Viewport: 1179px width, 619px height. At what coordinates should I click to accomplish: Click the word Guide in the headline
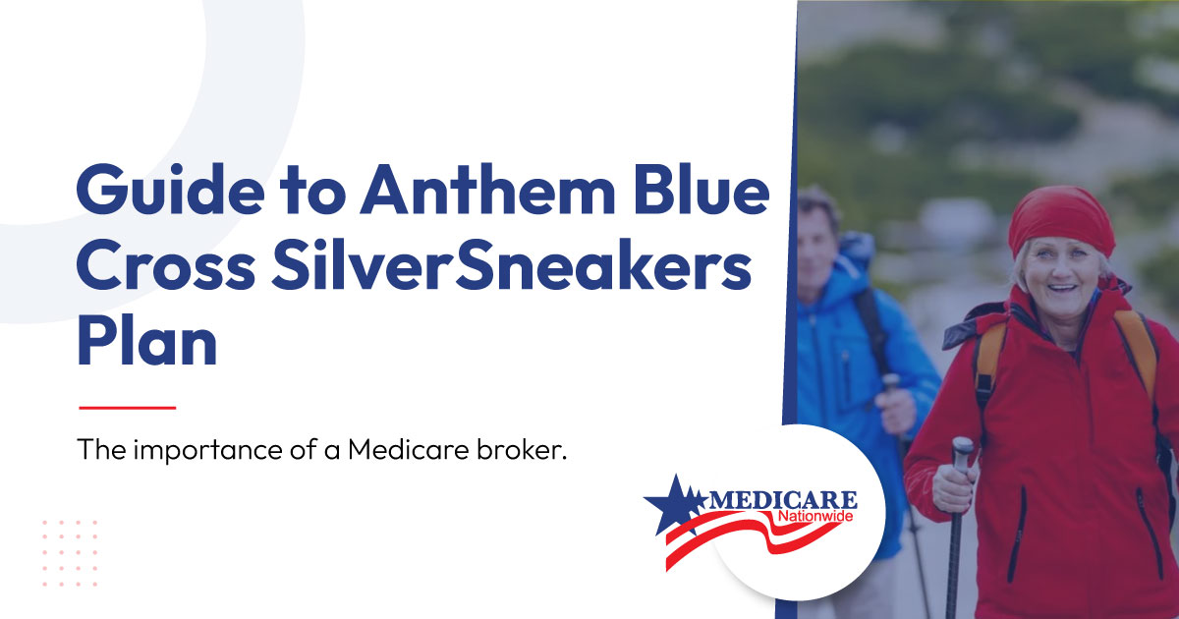click(171, 189)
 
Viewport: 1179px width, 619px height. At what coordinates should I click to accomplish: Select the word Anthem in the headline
click(487, 189)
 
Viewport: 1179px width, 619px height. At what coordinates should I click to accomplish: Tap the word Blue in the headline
click(702, 189)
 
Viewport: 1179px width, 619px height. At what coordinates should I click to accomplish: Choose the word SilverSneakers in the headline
click(512, 264)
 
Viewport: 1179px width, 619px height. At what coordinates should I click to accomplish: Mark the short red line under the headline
click(128, 408)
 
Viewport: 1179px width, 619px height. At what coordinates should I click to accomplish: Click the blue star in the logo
click(675, 504)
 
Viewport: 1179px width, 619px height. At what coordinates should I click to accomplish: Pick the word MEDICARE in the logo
click(783, 500)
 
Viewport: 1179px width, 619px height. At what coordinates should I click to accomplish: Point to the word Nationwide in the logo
click(815, 517)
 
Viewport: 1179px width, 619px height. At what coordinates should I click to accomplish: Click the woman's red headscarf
click(1061, 221)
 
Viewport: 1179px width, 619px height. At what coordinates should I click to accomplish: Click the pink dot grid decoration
click(70, 552)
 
